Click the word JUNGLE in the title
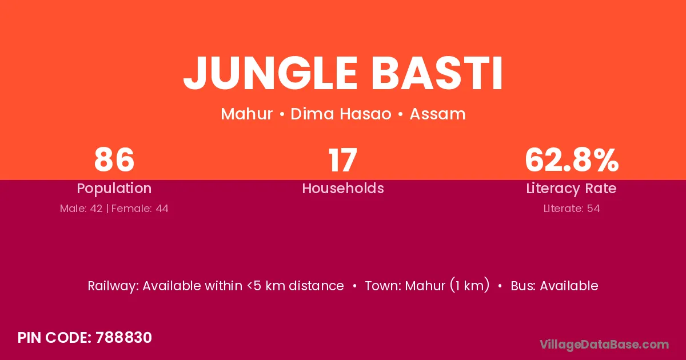(270, 74)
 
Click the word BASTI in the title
(437, 74)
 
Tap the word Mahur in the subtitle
(246, 114)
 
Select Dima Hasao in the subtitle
(341, 114)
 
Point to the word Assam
(438, 114)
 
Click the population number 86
(114, 159)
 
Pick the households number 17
(342, 159)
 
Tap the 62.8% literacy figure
(572, 159)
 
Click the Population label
(114, 189)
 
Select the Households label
(343, 188)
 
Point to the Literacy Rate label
(572, 189)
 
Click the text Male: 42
(81, 209)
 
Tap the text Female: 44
(140, 209)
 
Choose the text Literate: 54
(572, 209)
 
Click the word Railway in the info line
(113, 286)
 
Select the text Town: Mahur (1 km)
(427, 286)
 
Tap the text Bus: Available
(555, 286)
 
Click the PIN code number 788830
(123, 338)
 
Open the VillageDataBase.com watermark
(604, 345)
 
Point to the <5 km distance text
(296, 286)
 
